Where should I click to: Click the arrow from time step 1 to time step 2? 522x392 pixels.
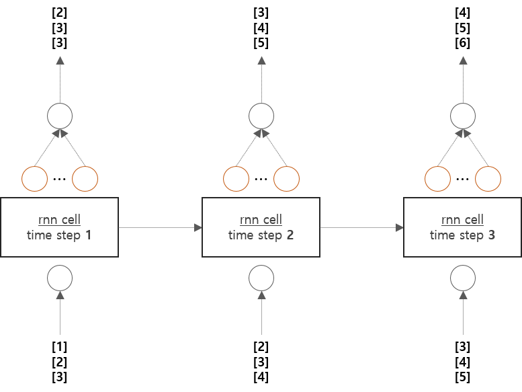[160, 228]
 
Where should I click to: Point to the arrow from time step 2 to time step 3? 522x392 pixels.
[361, 228]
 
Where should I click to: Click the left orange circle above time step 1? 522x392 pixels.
[35, 179]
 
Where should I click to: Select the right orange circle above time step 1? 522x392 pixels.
[85, 179]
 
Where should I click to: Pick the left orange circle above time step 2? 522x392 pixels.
[236, 179]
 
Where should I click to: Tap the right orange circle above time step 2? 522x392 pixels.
[287, 179]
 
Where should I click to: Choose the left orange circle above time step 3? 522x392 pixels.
[438, 179]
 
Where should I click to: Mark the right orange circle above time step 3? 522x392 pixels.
[488, 179]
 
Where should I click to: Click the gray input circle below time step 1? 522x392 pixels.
[60, 277]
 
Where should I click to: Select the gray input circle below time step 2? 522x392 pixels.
[261, 277]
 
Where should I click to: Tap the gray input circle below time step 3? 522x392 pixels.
[463, 277]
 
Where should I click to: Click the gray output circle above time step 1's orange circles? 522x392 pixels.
[60, 116]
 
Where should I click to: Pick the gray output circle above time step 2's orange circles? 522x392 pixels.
[261, 116]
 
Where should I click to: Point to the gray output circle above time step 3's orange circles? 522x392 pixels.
[463, 116]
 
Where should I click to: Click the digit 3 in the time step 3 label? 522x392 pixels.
[491, 235]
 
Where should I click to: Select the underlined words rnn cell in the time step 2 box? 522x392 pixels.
[261, 220]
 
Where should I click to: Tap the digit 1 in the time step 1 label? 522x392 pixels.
[89, 235]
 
